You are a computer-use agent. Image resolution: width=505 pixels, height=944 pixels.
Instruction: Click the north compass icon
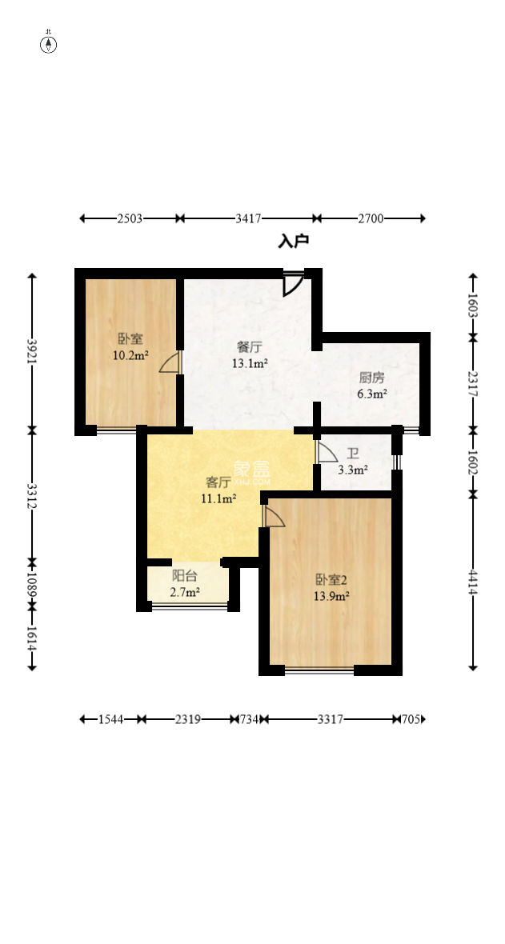pos(49,44)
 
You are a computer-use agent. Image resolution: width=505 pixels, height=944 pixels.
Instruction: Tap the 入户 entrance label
pos(293,241)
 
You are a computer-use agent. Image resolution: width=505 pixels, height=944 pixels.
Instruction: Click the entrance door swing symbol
pos(293,285)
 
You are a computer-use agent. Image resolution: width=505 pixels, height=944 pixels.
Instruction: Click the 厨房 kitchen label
pos(371,378)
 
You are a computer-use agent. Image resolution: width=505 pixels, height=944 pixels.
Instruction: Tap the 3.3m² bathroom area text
pos(353,470)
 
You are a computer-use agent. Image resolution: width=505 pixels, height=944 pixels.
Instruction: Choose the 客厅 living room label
pos(218,482)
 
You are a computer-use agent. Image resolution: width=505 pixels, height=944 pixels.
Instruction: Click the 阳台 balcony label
pos(185,575)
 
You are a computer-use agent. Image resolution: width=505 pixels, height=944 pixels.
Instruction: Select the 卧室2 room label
pos(331,579)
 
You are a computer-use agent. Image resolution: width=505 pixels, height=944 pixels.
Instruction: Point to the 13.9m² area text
pos(331,596)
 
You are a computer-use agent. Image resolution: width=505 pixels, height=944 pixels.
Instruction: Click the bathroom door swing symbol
pos(327,453)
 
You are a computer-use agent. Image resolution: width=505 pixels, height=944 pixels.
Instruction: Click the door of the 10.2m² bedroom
pos(170,364)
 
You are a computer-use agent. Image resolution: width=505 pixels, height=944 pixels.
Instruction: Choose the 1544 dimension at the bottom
pos(111,719)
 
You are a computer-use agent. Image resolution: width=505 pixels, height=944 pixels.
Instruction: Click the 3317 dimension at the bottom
pos(330,719)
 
